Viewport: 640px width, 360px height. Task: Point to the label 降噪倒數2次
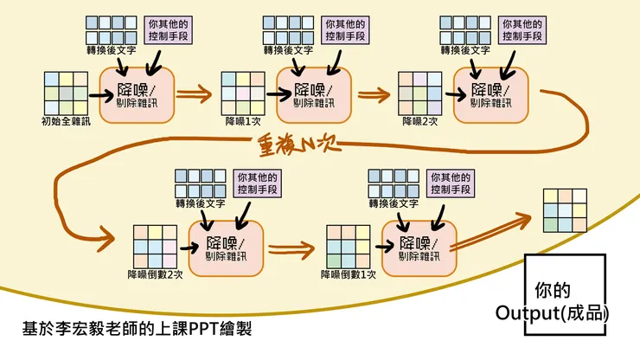pos(156,274)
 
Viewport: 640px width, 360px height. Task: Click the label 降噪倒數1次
pos(349,274)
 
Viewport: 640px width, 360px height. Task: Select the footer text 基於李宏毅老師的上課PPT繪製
pos(138,330)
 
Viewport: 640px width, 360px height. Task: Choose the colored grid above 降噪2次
pos(419,93)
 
